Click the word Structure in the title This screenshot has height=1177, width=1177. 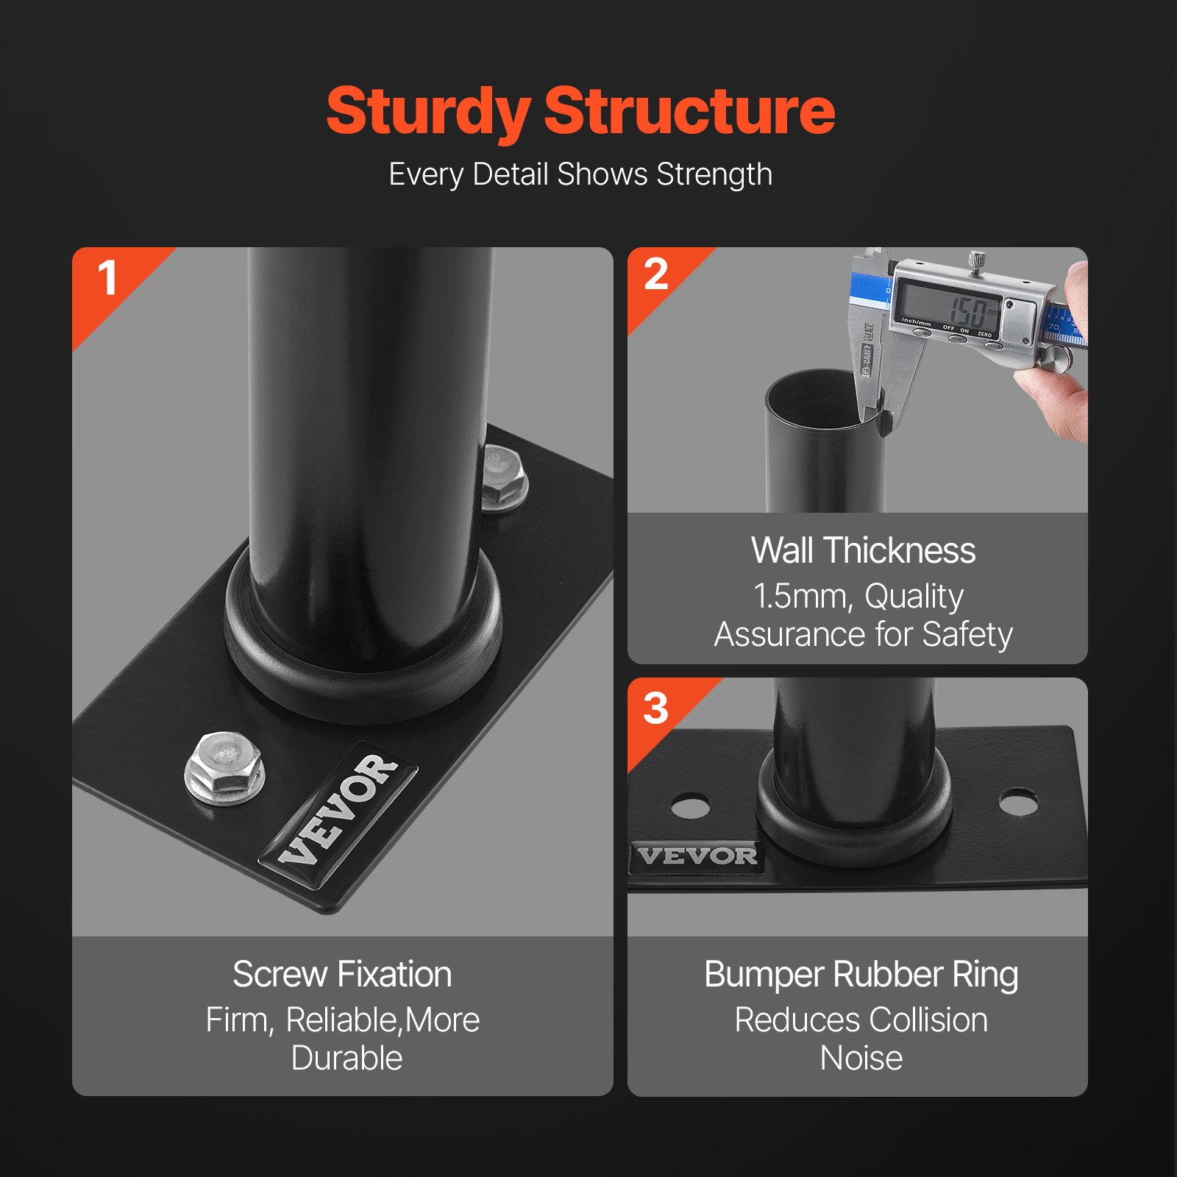click(689, 112)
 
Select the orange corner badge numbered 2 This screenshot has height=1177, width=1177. click(655, 276)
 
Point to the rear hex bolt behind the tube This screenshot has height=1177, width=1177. click(505, 477)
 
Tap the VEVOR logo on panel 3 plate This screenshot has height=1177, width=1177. click(697, 856)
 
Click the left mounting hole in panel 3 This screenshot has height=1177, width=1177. click(691, 806)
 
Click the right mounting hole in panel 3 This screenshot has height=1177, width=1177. click(1019, 803)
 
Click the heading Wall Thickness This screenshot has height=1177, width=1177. click(863, 550)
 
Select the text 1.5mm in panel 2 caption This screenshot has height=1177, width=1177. click(800, 596)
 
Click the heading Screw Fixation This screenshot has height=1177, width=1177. click(342, 975)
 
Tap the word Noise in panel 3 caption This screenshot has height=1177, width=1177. click(861, 1059)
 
